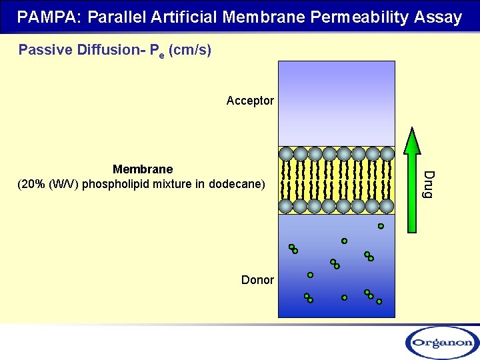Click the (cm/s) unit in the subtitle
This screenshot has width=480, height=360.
pos(191,50)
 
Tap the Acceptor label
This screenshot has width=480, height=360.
pos(250,101)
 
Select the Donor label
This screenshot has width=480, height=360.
pos(257,280)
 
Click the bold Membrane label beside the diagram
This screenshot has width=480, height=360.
pos(143,169)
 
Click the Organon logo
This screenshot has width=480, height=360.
pos(441,343)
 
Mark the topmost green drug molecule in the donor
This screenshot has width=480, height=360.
pos(381,226)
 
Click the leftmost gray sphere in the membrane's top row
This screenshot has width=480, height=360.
pos(286,154)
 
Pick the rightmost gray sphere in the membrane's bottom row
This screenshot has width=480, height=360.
pos(387,207)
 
